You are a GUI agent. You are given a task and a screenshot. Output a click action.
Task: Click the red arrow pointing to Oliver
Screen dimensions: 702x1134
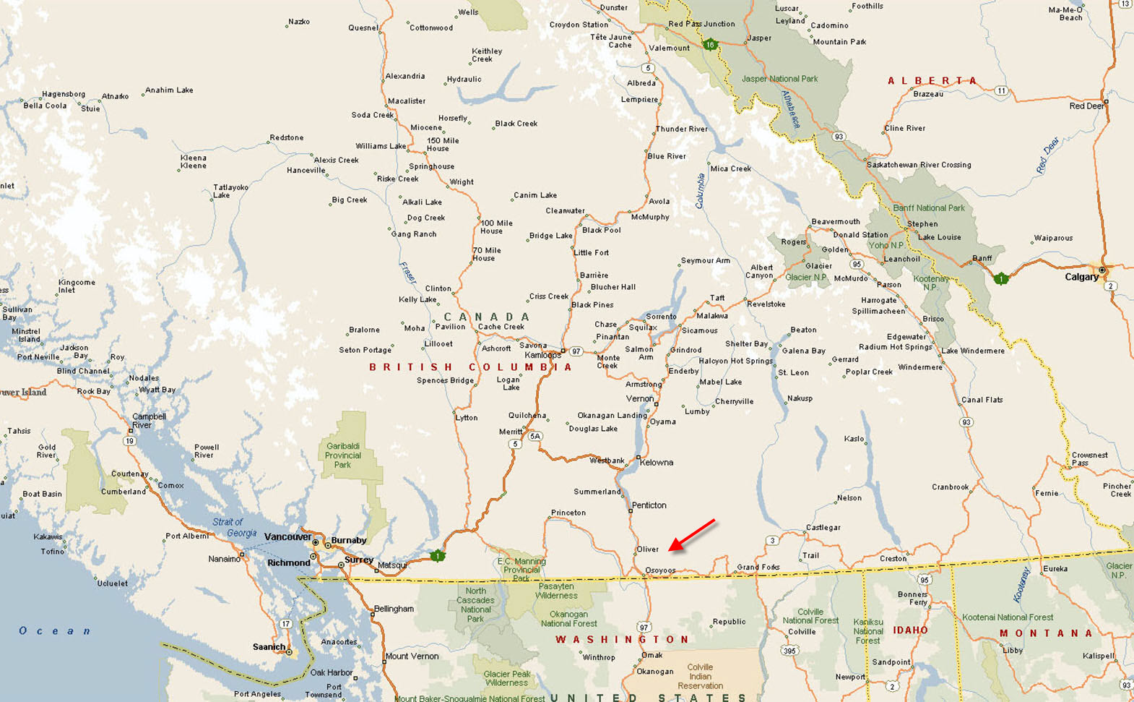point(691,535)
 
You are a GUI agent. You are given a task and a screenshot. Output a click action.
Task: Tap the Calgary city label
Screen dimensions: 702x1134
point(1081,277)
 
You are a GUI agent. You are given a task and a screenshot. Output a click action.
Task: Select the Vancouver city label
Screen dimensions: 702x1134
point(287,536)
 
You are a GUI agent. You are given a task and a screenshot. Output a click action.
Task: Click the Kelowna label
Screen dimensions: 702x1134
point(656,463)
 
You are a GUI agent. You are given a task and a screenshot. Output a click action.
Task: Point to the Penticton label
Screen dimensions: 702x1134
point(649,505)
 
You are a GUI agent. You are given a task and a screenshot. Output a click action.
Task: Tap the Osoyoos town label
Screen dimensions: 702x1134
point(660,570)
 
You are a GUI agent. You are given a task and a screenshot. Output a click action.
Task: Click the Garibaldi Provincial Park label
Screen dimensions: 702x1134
point(342,455)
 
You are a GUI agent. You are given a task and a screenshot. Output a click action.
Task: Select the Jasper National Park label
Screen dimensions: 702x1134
point(779,79)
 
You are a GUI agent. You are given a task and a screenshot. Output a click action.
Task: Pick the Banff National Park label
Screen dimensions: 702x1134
point(928,208)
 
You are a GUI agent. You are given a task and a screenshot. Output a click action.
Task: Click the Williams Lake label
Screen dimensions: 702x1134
point(381,146)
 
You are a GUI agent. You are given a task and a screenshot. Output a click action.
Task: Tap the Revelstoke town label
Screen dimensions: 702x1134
point(766,304)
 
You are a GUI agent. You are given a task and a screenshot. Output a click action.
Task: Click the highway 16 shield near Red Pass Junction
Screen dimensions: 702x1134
point(710,45)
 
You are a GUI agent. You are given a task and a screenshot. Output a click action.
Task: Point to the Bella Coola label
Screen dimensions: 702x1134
point(45,106)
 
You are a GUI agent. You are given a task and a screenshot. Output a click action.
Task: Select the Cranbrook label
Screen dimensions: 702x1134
point(950,487)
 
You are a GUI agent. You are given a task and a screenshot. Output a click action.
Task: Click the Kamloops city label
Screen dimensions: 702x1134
point(542,355)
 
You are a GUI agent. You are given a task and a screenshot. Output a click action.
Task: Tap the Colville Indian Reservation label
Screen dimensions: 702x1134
point(700,676)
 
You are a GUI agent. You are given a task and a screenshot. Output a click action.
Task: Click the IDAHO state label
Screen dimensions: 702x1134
point(910,630)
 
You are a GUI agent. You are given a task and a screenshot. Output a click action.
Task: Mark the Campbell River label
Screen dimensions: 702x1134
point(149,420)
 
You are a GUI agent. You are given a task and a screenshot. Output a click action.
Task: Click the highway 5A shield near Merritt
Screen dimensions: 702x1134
point(534,437)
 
